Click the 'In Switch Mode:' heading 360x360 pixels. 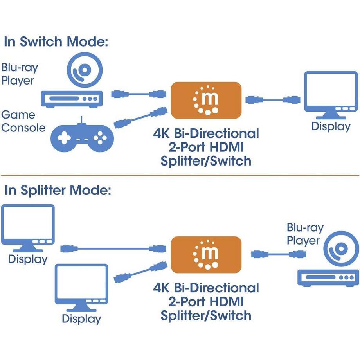(56, 42)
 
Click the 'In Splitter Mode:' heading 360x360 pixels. (58, 191)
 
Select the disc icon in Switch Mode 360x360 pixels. (85, 71)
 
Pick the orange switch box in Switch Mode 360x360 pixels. (205, 100)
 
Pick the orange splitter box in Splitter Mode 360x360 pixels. (206, 254)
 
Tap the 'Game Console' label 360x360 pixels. (23, 121)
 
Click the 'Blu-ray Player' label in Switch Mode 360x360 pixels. (20, 74)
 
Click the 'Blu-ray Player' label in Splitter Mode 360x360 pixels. (305, 234)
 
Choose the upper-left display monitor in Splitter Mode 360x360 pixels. (27, 227)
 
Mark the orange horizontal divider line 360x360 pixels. (180, 175)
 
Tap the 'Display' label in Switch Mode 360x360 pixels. (331, 126)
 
